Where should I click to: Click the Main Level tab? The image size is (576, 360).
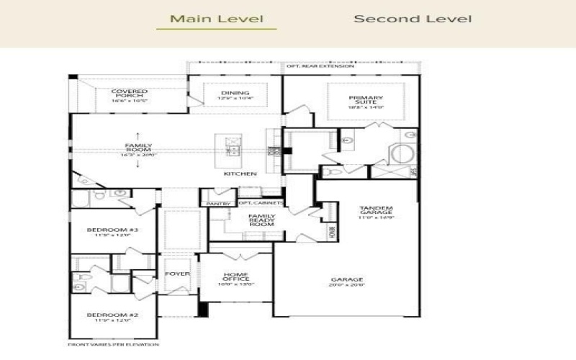(216, 19)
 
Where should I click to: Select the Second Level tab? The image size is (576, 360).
(413, 19)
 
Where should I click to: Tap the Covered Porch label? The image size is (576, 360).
(130, 95)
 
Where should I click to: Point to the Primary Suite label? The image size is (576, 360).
(366, 100)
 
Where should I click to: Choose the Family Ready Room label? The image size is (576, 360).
(261, 220)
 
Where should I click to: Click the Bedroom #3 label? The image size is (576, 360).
(102, 233)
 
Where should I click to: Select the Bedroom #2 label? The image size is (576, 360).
(102, 318)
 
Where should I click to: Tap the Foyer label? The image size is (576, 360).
(176, 274)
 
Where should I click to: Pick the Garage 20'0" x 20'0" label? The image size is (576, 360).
(346, 282)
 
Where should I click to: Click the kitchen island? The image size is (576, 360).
(233, 148)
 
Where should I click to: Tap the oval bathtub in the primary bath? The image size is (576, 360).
(402, 153)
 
